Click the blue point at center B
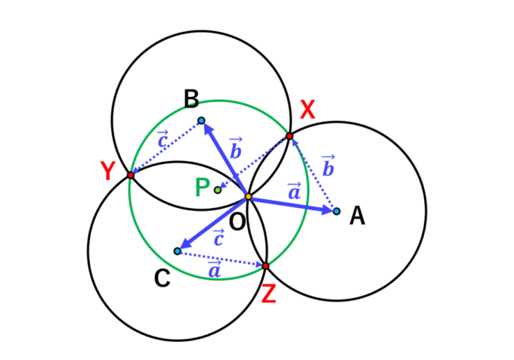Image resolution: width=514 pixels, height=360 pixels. click(x=201, y=120)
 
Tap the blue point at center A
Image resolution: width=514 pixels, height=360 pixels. click(x=336, y=211)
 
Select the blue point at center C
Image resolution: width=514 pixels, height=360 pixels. click(x=178, y=250)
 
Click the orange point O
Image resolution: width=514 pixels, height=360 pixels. click(x=248, y=197)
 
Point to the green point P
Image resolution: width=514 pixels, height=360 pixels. click(x=218, y=190)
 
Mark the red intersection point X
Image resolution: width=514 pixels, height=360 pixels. click(x=289, y=136)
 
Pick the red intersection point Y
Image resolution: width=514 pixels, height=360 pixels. click(x=131, y=175)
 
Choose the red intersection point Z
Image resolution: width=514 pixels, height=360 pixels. click(x=266, y=265)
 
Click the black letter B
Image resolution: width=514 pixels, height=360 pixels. click(x=191, y=98)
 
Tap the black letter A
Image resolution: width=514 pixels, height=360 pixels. click(x=358, y=217)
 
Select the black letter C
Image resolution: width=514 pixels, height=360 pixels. click(x=161, y=279)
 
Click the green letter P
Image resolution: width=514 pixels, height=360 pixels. click(x=202, y=188)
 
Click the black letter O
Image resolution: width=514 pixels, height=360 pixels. click(x=237, y=222)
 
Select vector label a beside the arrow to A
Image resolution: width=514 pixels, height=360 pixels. click(x=293, y=191)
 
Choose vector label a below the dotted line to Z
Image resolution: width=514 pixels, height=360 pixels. click(x=215, y=268)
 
